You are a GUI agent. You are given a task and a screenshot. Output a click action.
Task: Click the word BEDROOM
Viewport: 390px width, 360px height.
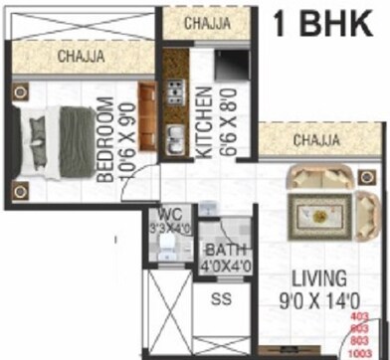[x=102, y=140]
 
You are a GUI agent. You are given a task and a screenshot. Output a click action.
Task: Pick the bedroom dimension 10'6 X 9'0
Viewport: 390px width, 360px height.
[x=123, y=140]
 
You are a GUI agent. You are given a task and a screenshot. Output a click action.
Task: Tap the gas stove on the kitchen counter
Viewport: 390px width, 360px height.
[x=175, y=92]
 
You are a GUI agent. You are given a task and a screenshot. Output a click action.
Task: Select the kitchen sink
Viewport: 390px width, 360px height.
[x=175, y=137]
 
